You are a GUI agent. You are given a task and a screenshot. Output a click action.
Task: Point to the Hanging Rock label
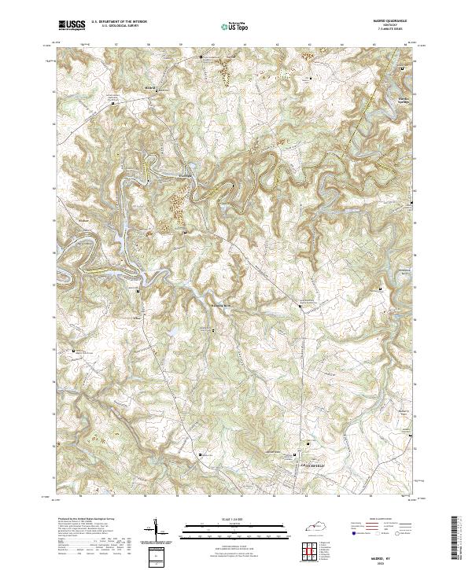(x=223, y=304)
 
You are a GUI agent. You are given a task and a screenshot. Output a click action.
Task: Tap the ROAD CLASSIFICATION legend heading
(x=378, y=520)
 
